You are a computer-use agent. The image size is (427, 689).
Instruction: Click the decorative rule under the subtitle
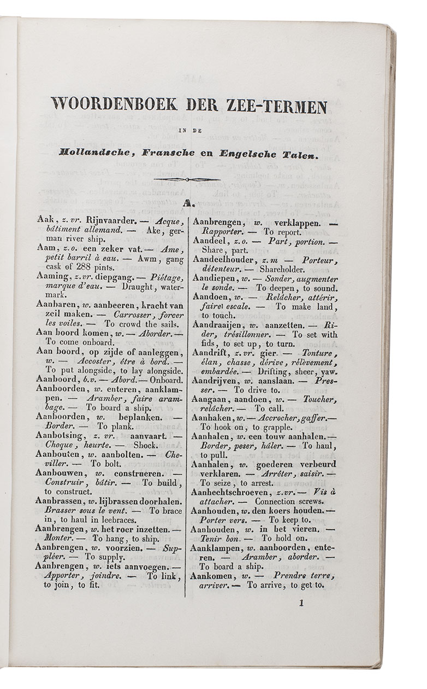pos(187,179)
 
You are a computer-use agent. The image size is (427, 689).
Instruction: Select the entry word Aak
pos(43,219)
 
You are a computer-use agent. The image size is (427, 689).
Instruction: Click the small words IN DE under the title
pos(186,130)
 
